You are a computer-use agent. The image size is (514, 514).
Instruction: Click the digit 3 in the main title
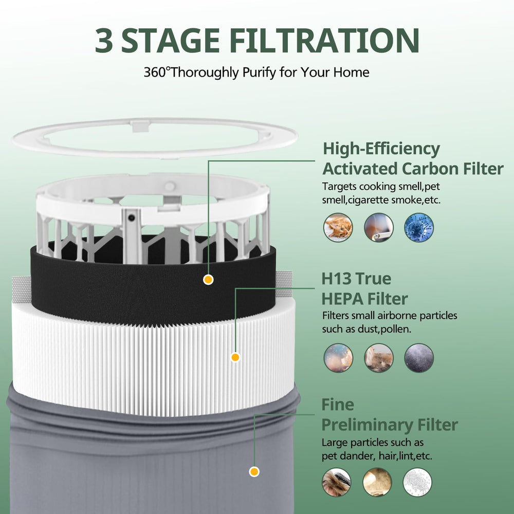pos(104,40)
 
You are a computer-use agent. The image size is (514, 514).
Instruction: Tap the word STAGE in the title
pos(171,40)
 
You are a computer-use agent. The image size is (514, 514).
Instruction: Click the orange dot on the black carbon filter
pos(208,280)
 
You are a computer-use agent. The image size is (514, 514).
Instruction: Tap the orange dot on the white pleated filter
pos(235,357)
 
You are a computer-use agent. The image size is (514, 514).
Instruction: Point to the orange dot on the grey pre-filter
pos(254,472)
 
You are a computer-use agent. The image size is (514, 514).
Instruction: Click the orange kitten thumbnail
pos(338,228)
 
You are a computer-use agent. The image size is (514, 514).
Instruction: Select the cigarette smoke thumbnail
pos(379,228)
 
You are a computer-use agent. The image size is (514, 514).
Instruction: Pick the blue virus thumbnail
pos(419,228)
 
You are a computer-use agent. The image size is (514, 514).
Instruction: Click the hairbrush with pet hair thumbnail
pos(336,482)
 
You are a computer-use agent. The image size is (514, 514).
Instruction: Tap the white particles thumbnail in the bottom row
pos(417,482)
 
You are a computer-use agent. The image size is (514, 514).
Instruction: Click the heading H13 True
pos(356,279)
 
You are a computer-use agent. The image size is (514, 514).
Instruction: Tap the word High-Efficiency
pos(381,149)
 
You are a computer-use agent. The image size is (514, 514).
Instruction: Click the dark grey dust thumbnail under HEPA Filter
pos(419,358)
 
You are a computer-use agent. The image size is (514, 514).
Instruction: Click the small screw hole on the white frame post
pos(132,217)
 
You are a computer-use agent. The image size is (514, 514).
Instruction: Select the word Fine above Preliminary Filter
pos(338,405)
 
